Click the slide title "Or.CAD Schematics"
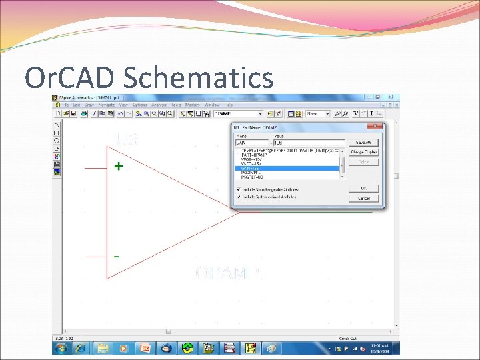149,78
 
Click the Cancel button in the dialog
363,198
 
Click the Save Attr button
363,143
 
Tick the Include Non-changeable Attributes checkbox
238,189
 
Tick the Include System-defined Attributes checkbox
238,197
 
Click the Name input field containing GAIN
251,143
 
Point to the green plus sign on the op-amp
118,166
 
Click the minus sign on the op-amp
117,256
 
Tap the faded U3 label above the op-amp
127,139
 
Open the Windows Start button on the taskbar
61,348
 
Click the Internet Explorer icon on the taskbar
81,348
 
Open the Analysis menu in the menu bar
159,105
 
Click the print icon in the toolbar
84,114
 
